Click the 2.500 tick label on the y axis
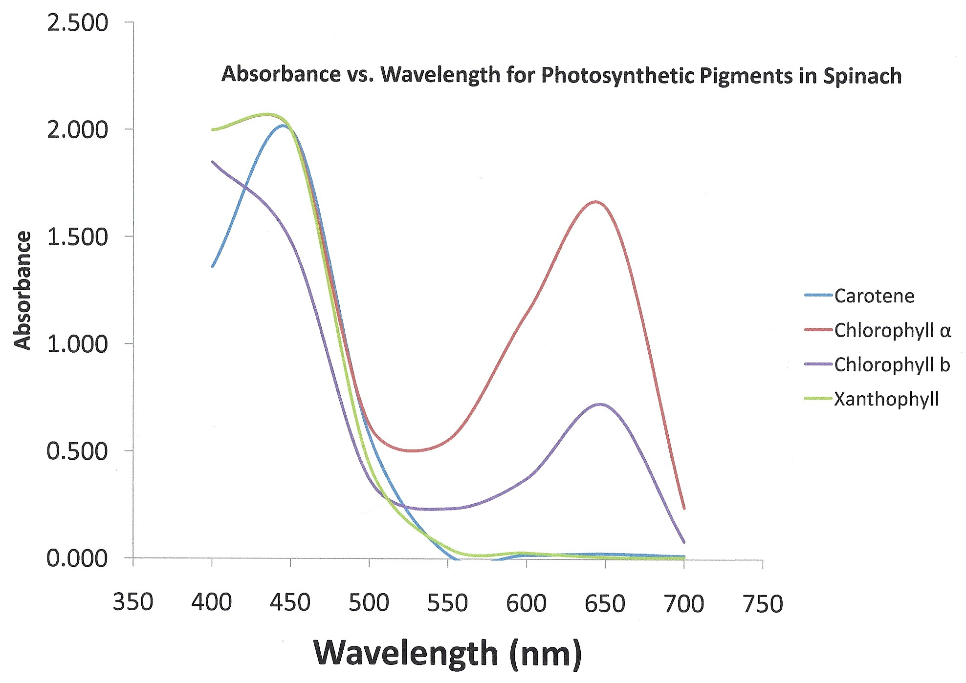pos(77,23)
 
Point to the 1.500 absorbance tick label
pos(77,237)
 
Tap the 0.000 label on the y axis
pos(77,558)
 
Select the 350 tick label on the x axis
pos(133,602)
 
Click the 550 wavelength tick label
pos(447,603)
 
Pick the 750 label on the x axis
pos(763,604)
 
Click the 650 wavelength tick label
pos(605,604)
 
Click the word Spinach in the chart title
pos(862,77)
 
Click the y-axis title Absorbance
pos(22,290)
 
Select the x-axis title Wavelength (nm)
pos(447,653)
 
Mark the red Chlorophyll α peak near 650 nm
pos(596,201)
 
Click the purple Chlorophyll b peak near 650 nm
pos(600,404)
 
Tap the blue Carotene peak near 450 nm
pos(283,126)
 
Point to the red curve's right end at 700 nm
pos(684,508)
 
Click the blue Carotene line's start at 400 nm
pos(212,266)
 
